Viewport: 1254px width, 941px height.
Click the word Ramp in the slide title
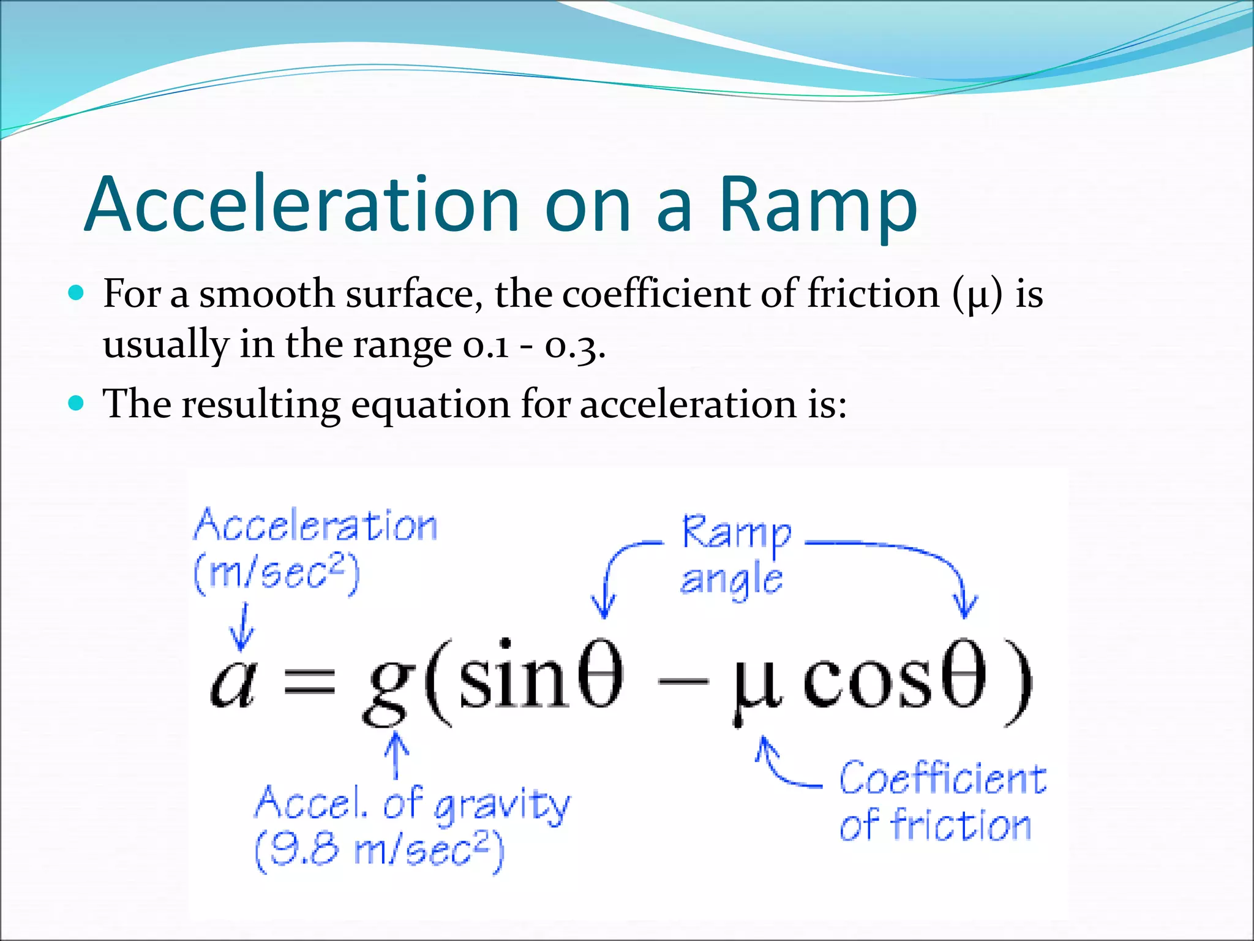pyautogui.click(x=817, y=205)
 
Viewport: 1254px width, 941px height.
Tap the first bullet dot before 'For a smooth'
pyautogui.click(x=76, y=293)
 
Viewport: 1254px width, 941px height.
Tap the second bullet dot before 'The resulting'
pyautogui.click(x=76, y=403)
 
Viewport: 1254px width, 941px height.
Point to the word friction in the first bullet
pyautogui.click(x=873, y=293)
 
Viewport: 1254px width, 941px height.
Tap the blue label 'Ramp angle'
pyautogui.click(x=735, y=555)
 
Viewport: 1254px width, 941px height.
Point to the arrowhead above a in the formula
pyautogui.click(x=242, y=640)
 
